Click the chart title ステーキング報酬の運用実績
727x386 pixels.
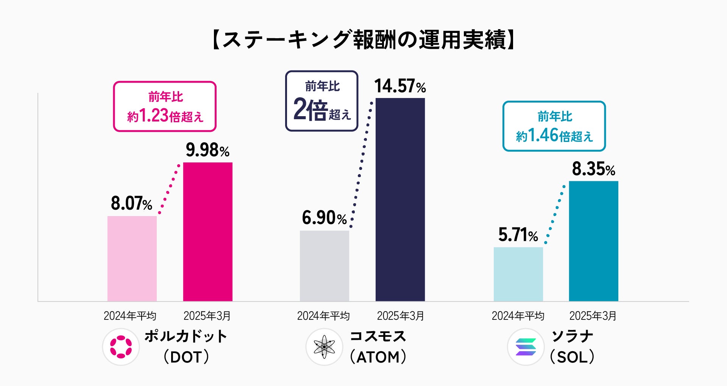[x=363, y=40]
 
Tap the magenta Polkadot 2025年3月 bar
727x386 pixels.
[x=207, y=232]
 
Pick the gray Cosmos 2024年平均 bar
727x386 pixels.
[x=324, y=266]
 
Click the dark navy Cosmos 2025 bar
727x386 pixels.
[x=400, y=199]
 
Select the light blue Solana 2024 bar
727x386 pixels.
[x=518, y=274]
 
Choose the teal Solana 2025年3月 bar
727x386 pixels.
[x=593, y=241]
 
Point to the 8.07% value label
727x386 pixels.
[x=131, y=204]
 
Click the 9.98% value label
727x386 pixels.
[x=207, y=150]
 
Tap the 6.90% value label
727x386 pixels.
[x=324, y=218]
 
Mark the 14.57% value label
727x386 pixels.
[x=400, y=86]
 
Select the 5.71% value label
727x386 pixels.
[x=518, y=235]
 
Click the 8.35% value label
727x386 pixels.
[x=593, y=169]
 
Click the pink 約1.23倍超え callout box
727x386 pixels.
[x=165, y=106]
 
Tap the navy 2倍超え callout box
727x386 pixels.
[x=321, y=101]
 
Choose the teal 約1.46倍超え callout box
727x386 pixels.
[x=554, y=126]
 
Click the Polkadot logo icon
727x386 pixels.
[x=121, y=347]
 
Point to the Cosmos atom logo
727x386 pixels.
[x=324, y=347]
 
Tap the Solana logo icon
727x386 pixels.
[x=526, y=347]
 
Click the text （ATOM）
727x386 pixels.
[x=378, y=357]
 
